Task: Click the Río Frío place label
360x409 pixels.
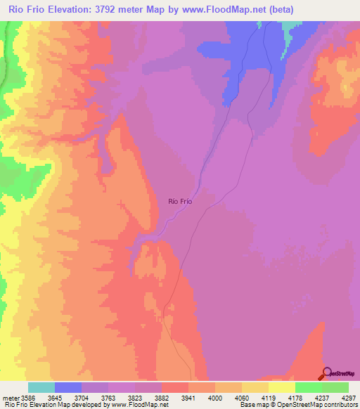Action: tap(180, 201)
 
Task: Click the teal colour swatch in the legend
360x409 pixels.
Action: tap(41, 387)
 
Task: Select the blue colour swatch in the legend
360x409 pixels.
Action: tap(68, 387)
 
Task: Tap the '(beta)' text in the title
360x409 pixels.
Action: tap(279, 9)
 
